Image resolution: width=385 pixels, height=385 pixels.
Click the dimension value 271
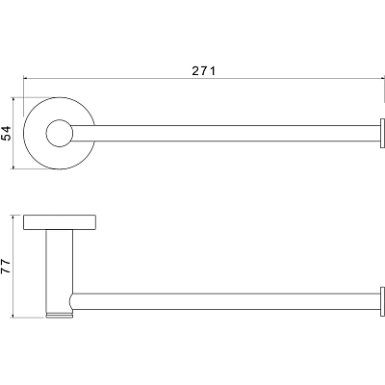(x=204, y=70)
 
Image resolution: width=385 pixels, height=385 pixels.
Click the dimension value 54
(x=7, y=133)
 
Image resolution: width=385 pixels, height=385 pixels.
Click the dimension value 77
(x=6, y=267)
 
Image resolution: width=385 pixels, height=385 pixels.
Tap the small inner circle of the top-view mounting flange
(x=59, y=134)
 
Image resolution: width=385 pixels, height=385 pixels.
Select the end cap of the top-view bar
(x=382, y=134)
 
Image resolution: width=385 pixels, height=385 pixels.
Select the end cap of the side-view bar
(x=382, y=301)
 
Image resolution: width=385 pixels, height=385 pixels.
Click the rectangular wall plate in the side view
(x=60, y=222)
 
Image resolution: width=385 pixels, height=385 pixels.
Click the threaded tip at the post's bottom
(x=60, y=316)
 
